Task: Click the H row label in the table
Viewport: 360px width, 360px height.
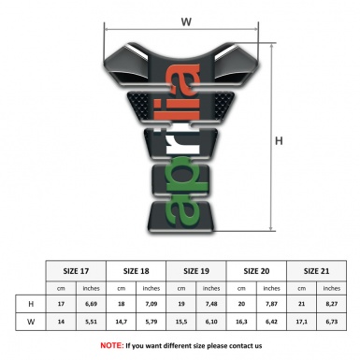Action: (x=31, y=304)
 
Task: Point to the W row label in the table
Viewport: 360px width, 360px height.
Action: (x=31, y=323)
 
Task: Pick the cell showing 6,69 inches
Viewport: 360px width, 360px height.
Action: (x=92, y=304)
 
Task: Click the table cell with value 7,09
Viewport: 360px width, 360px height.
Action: (x=152, y=304)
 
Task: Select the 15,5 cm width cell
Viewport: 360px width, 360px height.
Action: (x=182, y=323)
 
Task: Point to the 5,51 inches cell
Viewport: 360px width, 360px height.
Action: (x=92, y=323)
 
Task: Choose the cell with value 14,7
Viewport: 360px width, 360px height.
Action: (x=122, y=323)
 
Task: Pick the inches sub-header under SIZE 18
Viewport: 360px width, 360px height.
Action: (x=152, y=287)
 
